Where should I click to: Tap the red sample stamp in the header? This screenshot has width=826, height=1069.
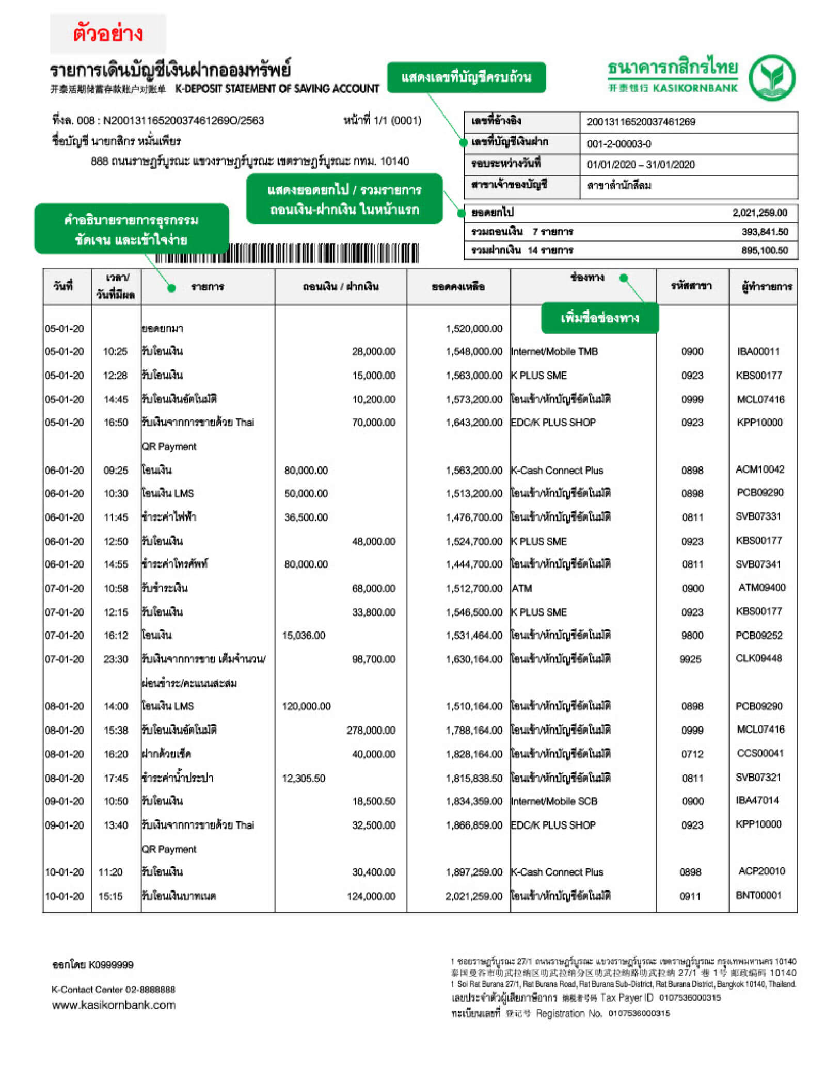[x=107, y=34]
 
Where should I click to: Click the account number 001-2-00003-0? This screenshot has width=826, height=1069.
[x=618, y=143]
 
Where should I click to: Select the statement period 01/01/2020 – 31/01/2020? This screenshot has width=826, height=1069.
[x=640, y=165]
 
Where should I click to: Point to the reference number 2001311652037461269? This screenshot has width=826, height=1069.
[x=641, y=122]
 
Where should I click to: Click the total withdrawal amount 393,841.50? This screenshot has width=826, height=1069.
[x=765, y=232]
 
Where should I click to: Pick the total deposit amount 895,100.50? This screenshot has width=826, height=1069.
[x=765, y=250]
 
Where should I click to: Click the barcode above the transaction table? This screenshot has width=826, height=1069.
[x=287, y=253]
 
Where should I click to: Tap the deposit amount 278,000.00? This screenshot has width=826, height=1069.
[x=371, y=730]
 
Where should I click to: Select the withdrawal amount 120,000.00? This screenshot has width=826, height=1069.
[x=306, y=706]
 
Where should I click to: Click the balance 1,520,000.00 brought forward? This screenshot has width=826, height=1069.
[x=474, y=329]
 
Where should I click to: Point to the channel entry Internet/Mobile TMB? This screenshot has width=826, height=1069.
[x=554, y=351]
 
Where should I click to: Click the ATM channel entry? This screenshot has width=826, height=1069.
[x=521, y=588]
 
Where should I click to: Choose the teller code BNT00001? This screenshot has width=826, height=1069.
[x=758, y=895]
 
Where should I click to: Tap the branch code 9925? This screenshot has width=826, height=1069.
[x=690, y=659]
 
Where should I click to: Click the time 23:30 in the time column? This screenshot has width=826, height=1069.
[x=116, y=659]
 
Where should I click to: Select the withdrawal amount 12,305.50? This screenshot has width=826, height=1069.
[x=304, y=778]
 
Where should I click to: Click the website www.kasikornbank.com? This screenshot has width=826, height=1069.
[x=114, y=1005]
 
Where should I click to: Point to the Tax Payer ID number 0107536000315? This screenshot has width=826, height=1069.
[x=689, y=998]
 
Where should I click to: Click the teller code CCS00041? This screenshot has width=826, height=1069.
[x=760, y=753]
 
